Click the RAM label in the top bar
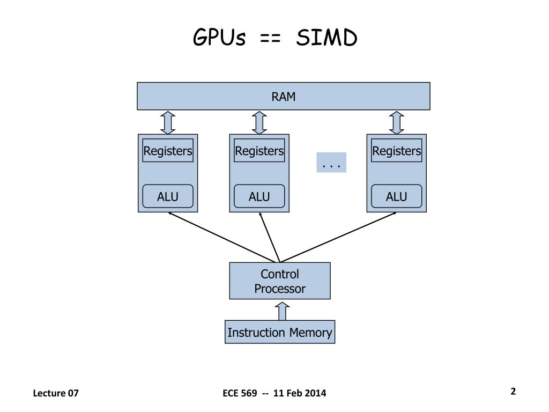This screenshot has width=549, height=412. click(x=283, y=97)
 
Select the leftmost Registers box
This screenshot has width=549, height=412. click(x=168, y=151)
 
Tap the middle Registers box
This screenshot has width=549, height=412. click(x=259, y=151)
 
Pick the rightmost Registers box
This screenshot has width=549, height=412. click(x=396, y=151)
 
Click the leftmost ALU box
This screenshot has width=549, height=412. click(x=168, y=196)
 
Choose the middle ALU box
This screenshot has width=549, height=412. click(x=259, y=196)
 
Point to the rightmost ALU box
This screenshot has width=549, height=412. click(x=396, y=196)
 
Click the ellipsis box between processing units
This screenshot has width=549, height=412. click(x=331, y=162)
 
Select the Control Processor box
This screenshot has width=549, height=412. click(x=280, y=281)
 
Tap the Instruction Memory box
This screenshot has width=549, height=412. click(x=280, y=332)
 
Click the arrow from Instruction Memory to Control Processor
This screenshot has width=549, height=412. click(x=282, y=311)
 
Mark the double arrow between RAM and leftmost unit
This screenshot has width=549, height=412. click(x=168, y=123)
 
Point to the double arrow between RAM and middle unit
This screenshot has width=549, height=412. click(x=259, y=123)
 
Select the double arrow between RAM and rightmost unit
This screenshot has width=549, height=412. click(x=396, y=123)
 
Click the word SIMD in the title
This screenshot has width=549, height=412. click(x=327, y=38)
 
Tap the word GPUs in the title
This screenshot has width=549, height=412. click(x=219, y=37)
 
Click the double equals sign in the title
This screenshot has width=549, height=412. click(x=270, y=39)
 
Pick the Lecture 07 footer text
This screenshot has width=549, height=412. click(x=56, y=393)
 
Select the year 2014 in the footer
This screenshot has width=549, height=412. click(x=315, y=393)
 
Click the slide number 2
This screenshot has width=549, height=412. click(x=513, y=391)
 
